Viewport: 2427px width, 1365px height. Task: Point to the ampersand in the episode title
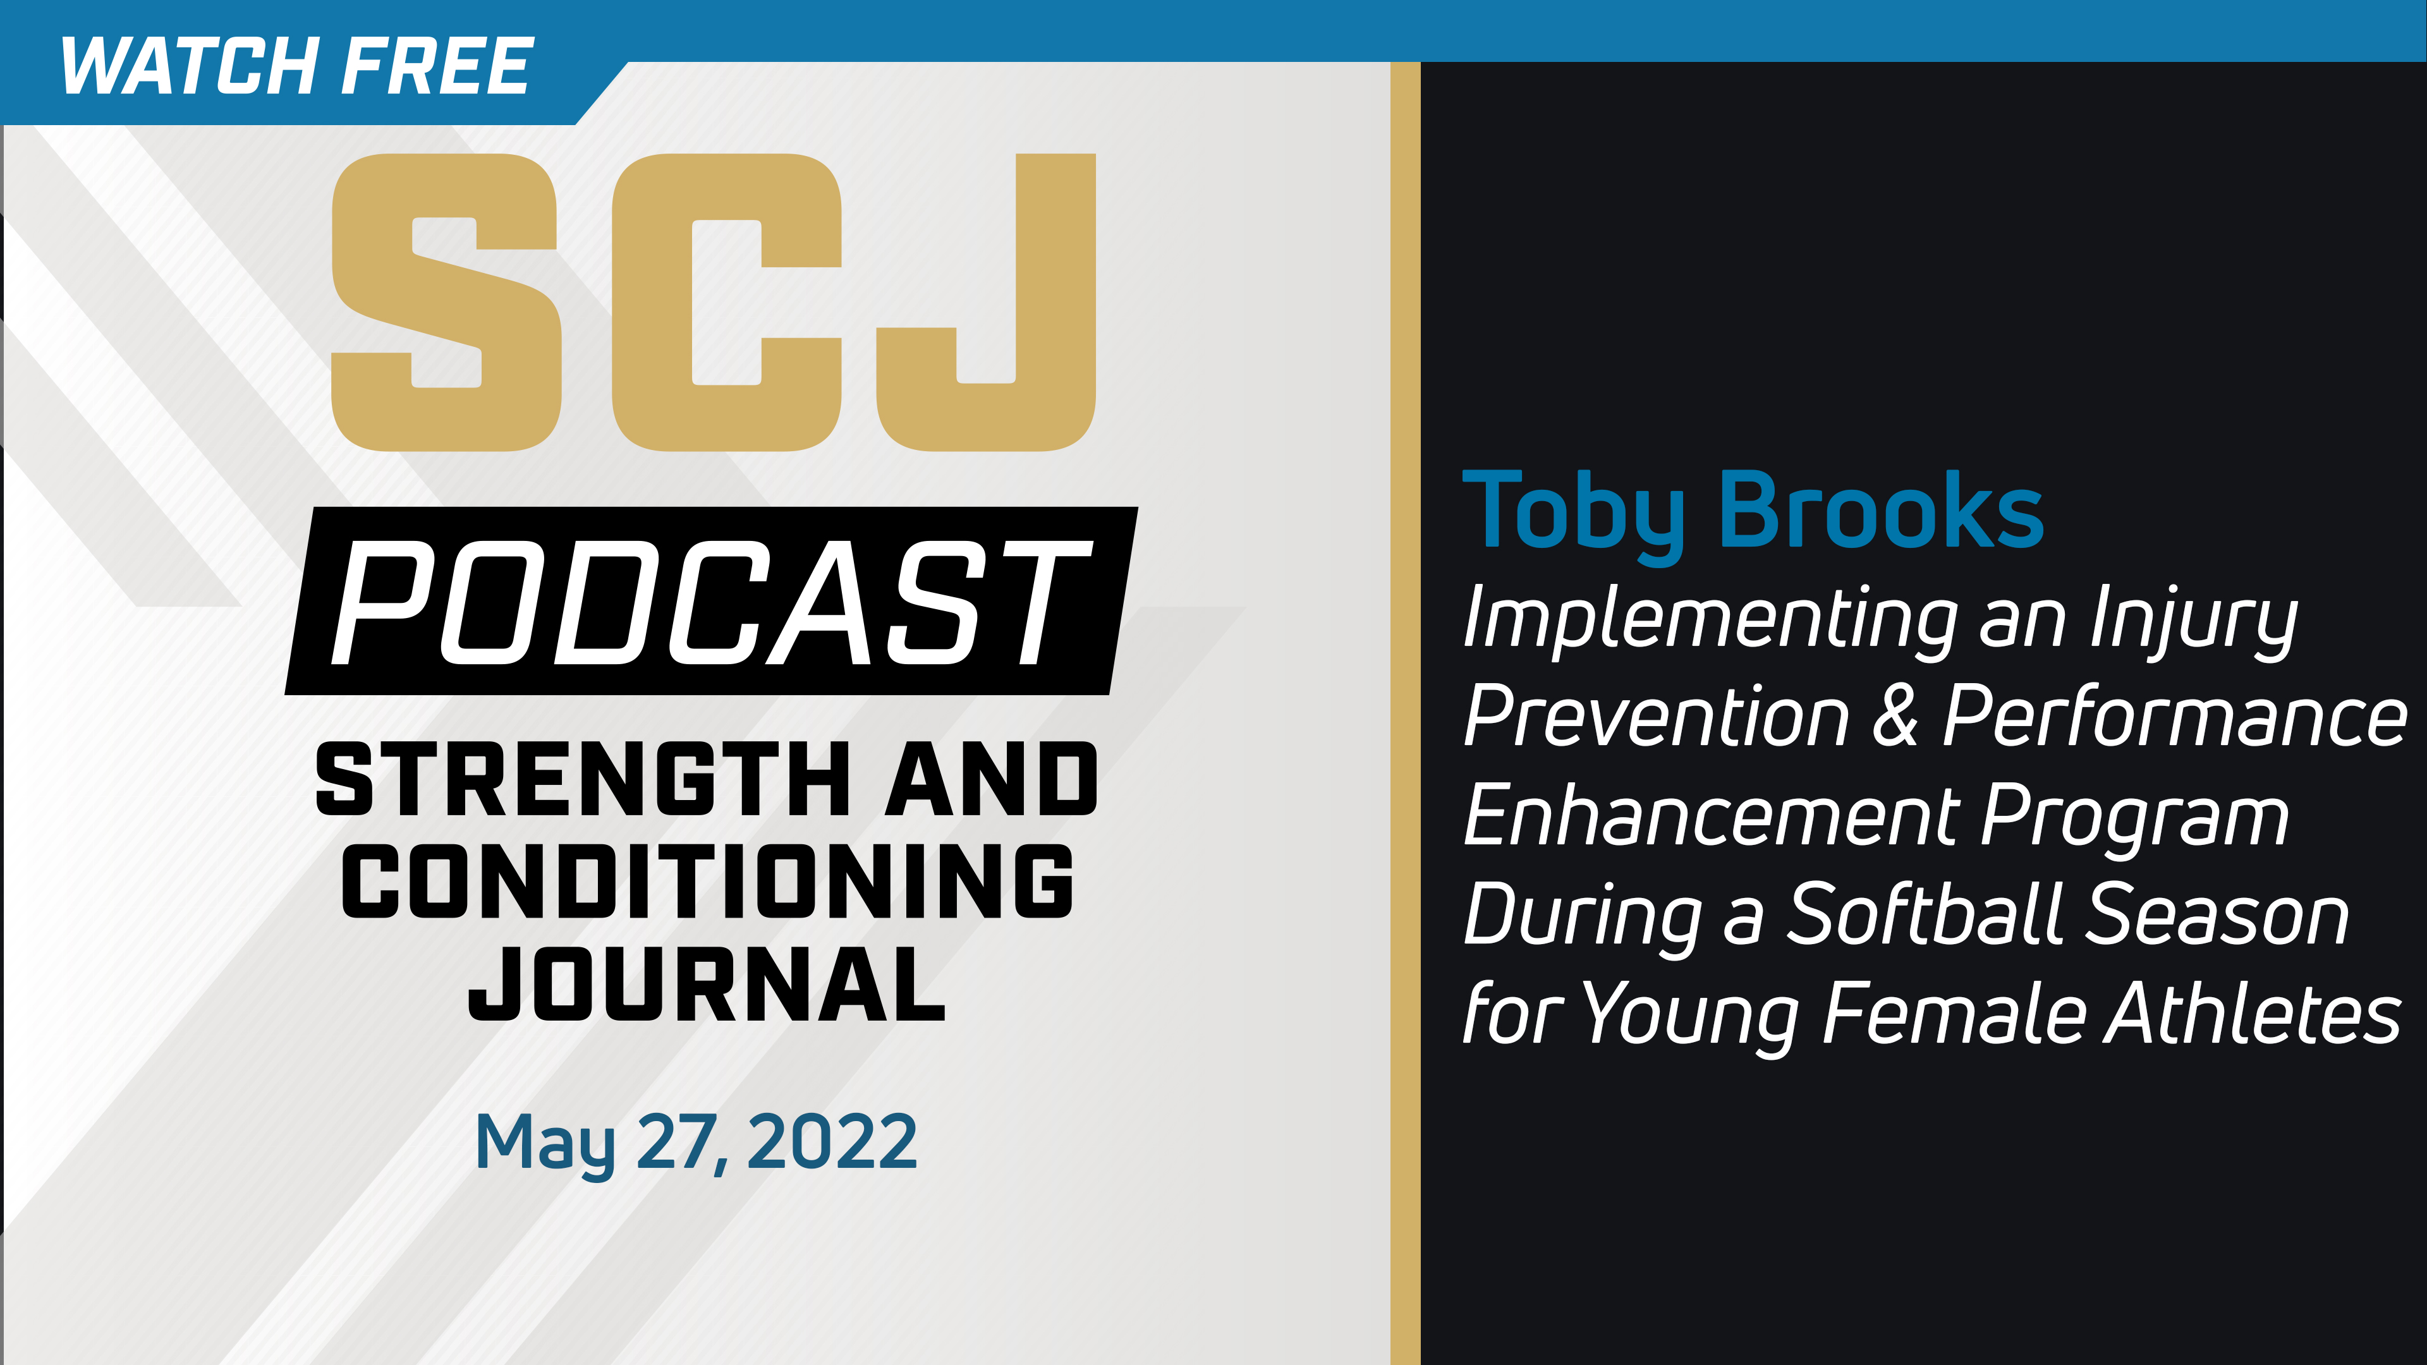pyautogui.click(x=1895, y=716)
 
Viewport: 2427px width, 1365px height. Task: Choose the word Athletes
pyautogui.click(x=2253, y=1014)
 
